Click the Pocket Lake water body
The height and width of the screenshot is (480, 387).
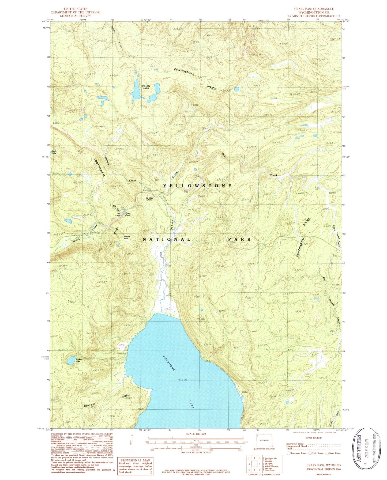[71, 361]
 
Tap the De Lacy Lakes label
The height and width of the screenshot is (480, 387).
[146, 87]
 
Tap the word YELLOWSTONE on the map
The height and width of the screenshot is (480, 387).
[197, 186]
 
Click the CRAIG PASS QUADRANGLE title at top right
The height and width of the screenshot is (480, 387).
[314, 9]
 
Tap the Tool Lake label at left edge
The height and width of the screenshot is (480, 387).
[54, 152]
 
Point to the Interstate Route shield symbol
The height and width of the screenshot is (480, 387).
[288, 453]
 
